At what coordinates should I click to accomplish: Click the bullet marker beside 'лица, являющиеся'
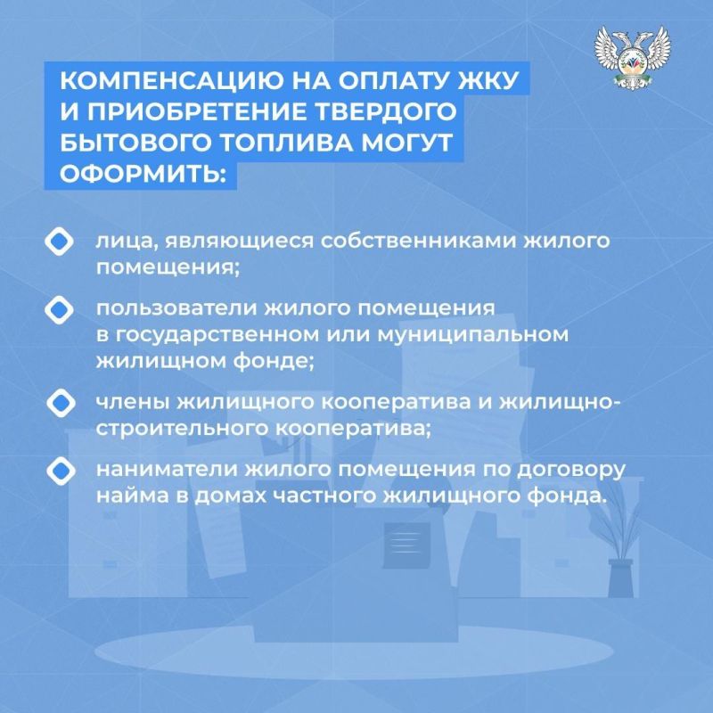tap(58, 242)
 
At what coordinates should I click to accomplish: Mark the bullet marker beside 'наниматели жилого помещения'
tap(58, 468)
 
